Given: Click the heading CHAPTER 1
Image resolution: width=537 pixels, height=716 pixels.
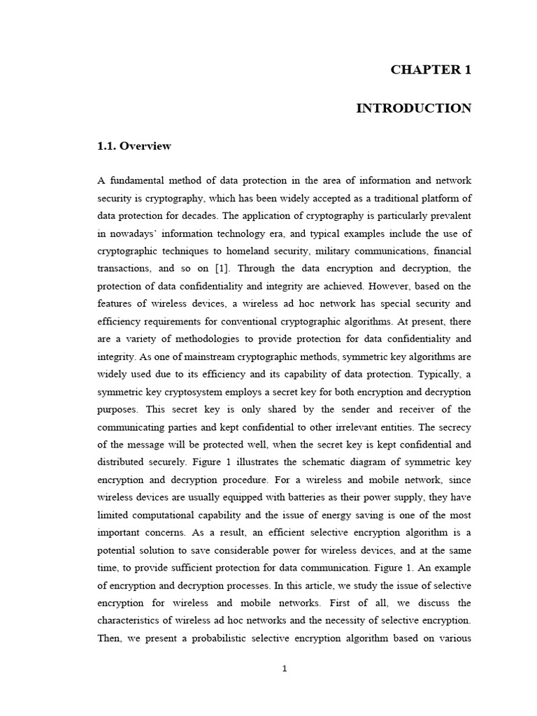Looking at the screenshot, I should tap(431, 69).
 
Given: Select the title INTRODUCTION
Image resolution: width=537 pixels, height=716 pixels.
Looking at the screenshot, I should tap(414, 108).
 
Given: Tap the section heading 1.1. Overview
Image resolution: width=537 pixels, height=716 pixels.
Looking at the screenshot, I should tap(134, 146).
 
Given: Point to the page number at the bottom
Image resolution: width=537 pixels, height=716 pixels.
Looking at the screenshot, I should tap(284, 668).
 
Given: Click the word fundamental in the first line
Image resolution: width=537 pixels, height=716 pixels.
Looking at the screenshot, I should tap(137, 181).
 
